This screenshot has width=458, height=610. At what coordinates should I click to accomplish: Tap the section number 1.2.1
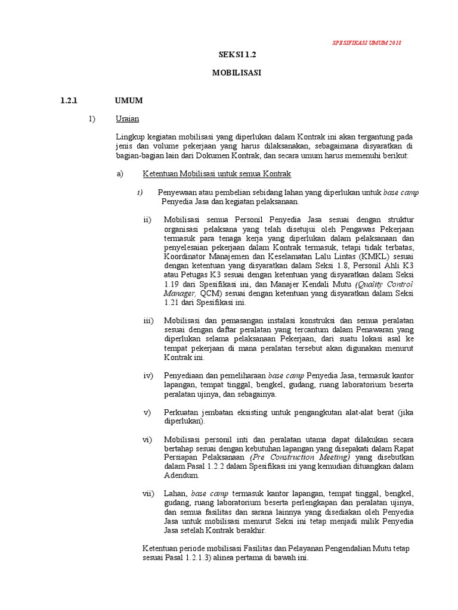pos(70,100)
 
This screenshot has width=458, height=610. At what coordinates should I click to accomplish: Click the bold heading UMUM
pos(129,100)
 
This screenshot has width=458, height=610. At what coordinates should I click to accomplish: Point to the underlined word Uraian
pos(127,119)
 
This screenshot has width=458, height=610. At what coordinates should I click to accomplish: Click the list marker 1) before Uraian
pos(92,119)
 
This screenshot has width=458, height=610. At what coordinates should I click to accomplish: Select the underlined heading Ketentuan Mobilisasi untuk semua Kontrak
pos(216,174)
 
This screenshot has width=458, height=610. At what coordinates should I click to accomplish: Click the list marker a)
pos(119,174)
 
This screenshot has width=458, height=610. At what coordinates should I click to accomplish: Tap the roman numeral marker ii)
pos(147,220)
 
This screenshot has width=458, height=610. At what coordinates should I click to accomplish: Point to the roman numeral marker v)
pos(148,412)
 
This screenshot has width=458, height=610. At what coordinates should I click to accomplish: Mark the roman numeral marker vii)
pos(148,494)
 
